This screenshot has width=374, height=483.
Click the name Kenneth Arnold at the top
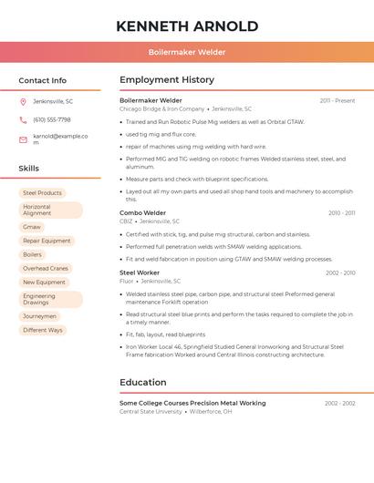(x=187, y=26)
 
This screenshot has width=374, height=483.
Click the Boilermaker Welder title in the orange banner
(x=187, y=52)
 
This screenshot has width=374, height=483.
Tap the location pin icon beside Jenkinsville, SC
(x=23, y=101)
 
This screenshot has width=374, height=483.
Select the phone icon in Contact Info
(x=23, y=119)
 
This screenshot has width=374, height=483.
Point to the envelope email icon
(x=23, y=139)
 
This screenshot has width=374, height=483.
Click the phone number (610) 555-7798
(x=51, y=119)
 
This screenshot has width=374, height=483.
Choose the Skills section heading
(x=29, y=169)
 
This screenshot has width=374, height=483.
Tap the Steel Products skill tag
(x=42, y=193)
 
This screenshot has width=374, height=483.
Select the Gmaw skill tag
(x=32, y=227)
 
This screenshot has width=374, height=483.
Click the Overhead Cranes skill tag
(x=46, y=269)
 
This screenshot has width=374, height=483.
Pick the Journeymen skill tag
(x=39, y=316)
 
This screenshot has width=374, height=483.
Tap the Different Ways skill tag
(x=43, y=330)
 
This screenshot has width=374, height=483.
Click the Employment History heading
(x=167, y=80)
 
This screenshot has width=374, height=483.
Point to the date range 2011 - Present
(x=338, y=100)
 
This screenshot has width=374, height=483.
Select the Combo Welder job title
(x=142, y=212)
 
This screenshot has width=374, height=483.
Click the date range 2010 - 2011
(x=341, y=213)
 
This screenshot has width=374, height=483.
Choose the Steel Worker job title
(x=140, y=272)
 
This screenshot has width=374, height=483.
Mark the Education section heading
(x=143, y=383)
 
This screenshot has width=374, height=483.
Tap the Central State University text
(x=151, y=412)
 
